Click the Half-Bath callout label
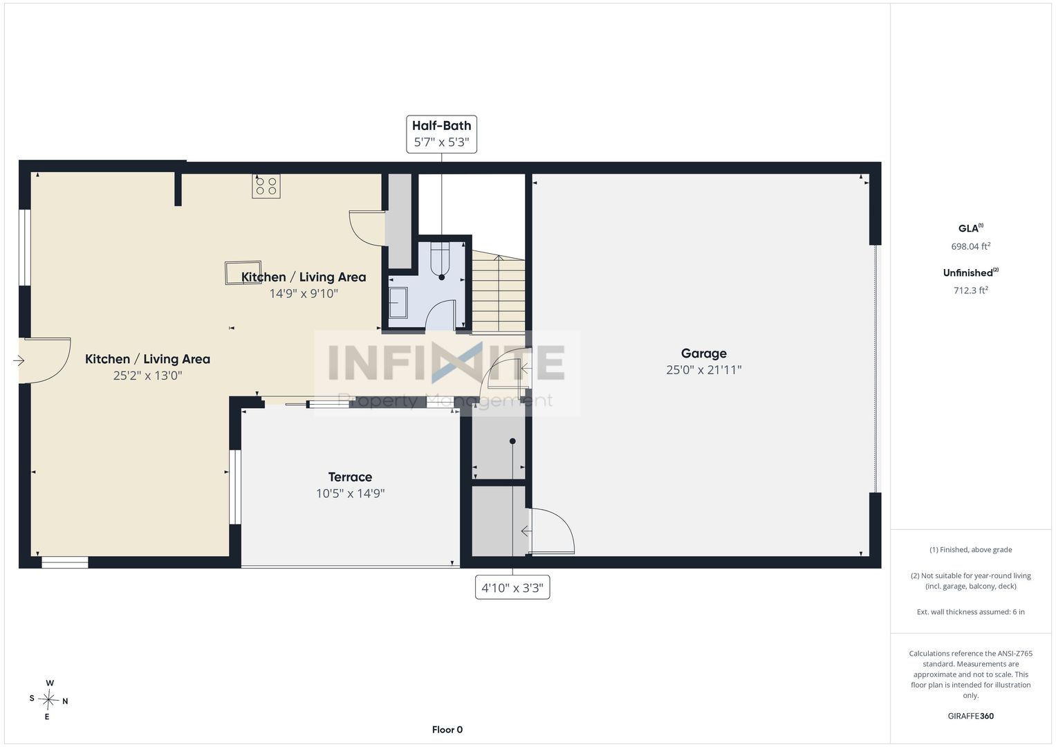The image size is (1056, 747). [441, 134]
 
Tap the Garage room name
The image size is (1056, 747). [703, 353]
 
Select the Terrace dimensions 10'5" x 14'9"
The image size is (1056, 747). [351, 493]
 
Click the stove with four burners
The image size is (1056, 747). [266, 186]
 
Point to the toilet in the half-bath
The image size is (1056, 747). [441, 261]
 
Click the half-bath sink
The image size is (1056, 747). [398, 302]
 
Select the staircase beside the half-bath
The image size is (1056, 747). [499, 293]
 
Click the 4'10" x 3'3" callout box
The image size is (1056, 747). [512, 588]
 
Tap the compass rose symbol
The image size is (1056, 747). [48, 700]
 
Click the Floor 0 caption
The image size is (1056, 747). [447, 730]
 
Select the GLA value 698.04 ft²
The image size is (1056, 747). [971, 246]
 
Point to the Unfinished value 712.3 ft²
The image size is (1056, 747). [971, 290]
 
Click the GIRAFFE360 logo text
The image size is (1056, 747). [971, 716]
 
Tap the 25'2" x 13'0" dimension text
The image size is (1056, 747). [147, 376]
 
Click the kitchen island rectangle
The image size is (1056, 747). [243, 273]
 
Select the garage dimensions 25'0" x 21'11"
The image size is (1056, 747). [703, 370]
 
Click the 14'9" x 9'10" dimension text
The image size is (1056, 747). [304, 293]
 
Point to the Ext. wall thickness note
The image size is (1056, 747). [971, 611]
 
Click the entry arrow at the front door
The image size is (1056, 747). [19, 361]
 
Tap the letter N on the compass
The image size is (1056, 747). [65, 701]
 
